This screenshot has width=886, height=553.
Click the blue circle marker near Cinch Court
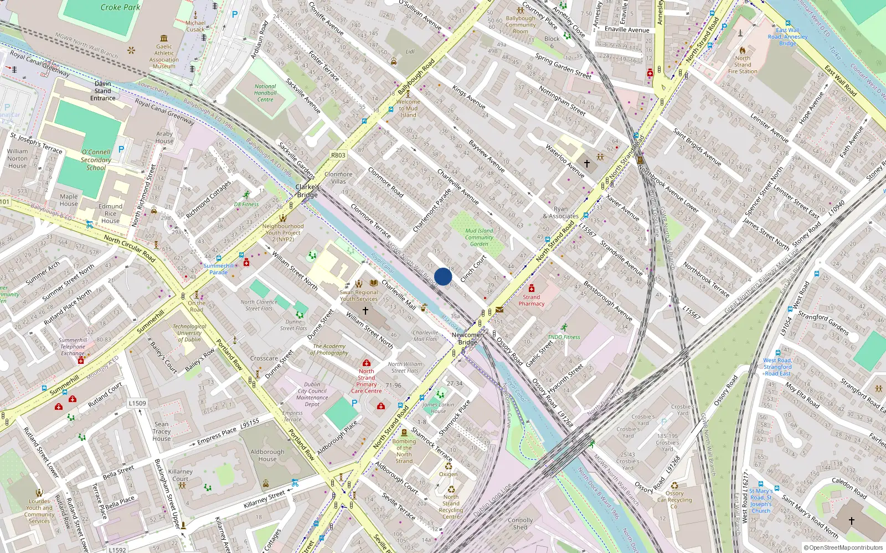point(443,276)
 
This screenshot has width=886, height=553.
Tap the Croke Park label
point(120,7)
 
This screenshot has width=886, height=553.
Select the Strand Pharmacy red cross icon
point(532,288)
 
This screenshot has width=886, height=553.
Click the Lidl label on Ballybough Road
point(410,51)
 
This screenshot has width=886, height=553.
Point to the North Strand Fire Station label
point(743,65)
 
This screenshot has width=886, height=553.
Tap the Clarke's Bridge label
point(307,191)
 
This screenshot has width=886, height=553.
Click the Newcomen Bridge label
point(467,338)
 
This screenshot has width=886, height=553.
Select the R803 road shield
point(338,155)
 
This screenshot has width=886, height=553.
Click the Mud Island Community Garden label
point(479,237)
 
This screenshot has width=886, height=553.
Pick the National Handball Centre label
point(265,93)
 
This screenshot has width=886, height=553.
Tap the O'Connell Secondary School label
point(96,160)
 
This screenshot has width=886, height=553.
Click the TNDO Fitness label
point(564,337)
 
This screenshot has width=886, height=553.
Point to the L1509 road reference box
point(137,403)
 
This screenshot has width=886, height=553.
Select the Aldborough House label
point(267,455)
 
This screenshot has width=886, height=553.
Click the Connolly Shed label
point(520,524)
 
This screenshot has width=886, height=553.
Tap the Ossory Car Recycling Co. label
point(674,499)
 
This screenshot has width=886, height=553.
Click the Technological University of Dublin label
point(189,333)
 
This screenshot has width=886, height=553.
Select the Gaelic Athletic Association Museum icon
point(164,38)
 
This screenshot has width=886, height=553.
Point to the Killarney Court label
point(181,475)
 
